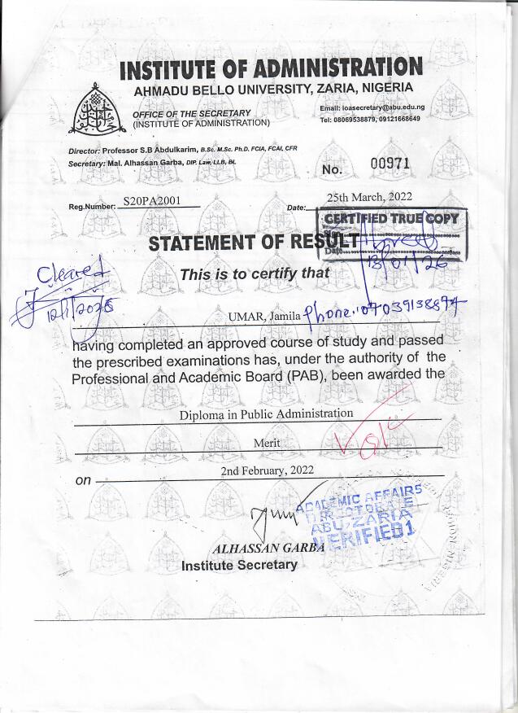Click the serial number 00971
point(390,165)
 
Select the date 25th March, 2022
point(369,197)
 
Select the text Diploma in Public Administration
point(267,413)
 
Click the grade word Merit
point(267,442)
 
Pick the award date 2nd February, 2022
point(267,470)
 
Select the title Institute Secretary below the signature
point(239,565)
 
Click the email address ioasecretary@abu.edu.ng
point(384,107)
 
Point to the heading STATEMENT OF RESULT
point(254,242)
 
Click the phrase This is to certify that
point(255,273)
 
